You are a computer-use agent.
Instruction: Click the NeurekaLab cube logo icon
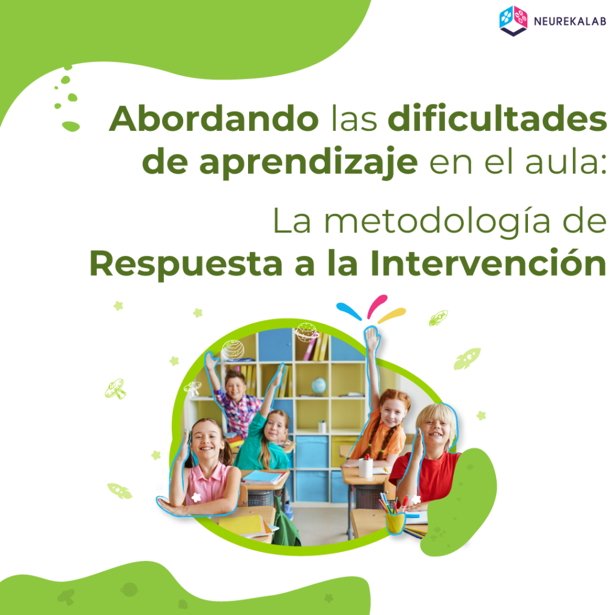click(513, 21)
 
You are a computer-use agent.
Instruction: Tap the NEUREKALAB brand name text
click(570, 22)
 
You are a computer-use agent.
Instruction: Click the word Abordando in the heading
click(214, 118)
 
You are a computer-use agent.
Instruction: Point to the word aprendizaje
click(308, 162)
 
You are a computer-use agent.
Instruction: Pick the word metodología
click(437, 222)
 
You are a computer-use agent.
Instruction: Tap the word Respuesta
click(186, 264)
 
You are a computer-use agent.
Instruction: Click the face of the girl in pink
click(206, 440)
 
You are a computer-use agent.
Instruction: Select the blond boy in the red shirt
click(428, 459)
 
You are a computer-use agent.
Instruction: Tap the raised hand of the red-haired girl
click(371, 338)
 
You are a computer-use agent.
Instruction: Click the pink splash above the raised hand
click(377, 306)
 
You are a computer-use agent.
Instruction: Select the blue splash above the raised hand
click(349, 311)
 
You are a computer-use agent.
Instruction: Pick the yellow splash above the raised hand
click(392, 315)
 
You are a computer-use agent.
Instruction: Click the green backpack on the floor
click(285, 524)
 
